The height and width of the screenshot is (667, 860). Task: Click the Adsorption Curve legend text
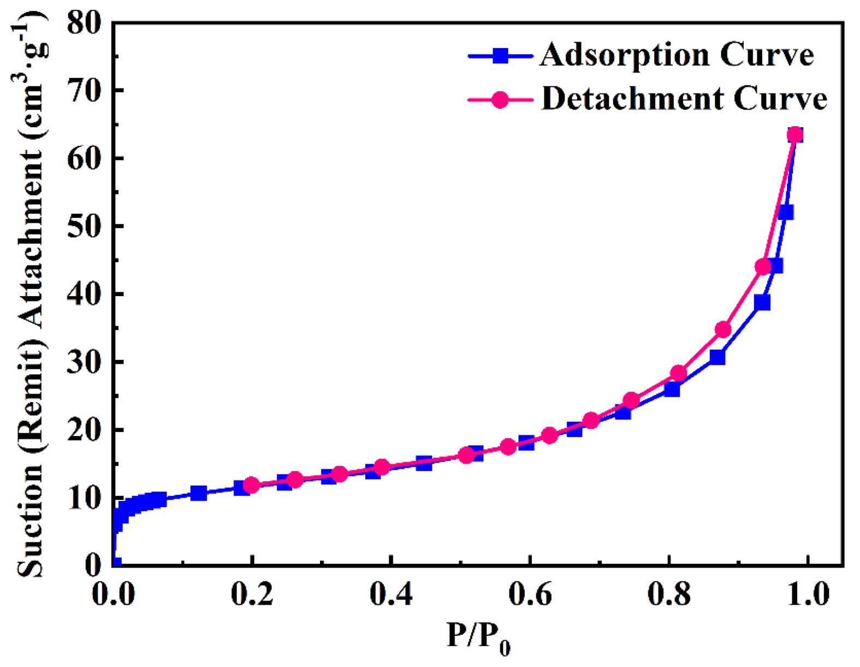677,55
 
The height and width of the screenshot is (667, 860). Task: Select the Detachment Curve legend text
684,99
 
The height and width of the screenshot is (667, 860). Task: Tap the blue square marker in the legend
500,56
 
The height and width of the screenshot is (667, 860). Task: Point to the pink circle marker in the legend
500,99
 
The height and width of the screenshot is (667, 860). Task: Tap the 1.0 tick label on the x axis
807,594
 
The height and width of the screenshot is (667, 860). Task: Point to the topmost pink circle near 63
795,134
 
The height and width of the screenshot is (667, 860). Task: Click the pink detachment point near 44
763,267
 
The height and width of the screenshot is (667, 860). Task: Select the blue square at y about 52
785,213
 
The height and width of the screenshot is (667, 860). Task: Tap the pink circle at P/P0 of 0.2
251,485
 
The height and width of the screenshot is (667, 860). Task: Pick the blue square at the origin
114,563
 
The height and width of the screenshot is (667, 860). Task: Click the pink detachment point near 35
723,329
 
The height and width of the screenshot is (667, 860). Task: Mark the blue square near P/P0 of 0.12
198,493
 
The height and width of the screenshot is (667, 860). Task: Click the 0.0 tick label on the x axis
114,594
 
